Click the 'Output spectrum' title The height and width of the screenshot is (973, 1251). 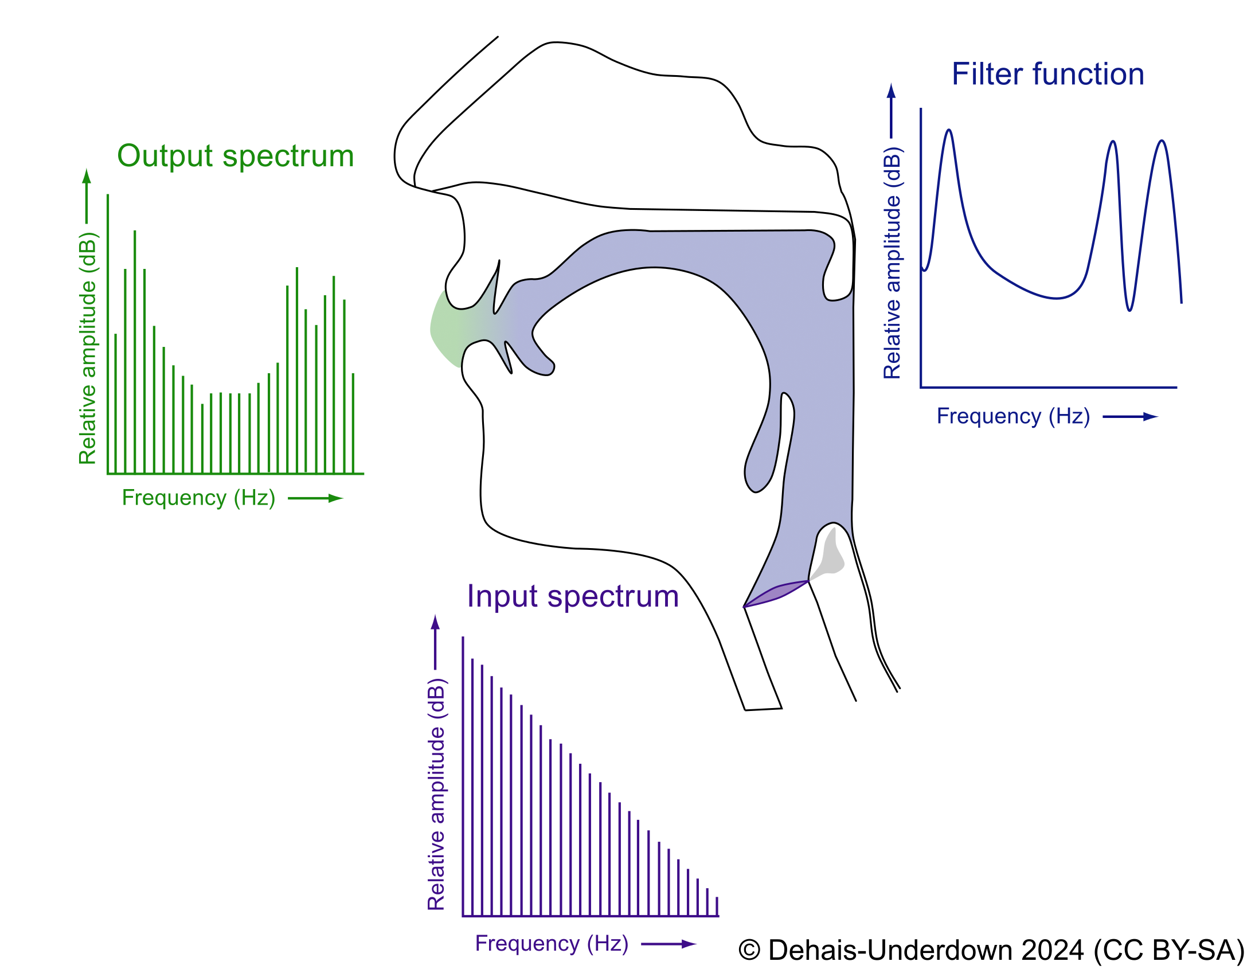(235, 156)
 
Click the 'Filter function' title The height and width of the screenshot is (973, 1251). (1047, 75)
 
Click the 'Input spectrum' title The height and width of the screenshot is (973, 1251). (573, 596)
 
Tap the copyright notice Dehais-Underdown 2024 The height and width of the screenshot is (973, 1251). (991, 950)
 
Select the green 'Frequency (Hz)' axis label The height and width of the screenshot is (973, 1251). (198, 498)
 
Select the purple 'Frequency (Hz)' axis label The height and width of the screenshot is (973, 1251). (552, 943)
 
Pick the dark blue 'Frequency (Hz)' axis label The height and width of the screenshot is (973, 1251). (1013, 416)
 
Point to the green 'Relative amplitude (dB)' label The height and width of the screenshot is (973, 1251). (88, 348)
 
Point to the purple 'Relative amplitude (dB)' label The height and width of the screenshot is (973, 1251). (436, 794)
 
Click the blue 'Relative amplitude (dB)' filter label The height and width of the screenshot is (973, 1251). (892, 263)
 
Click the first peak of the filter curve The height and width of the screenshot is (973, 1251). (949, 131)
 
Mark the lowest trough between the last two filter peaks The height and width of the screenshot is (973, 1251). (1129, 310)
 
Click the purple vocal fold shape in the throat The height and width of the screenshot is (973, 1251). (775, 594)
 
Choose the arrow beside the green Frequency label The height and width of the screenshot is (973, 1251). (315, 498)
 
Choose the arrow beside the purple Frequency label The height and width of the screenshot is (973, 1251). (668, 944)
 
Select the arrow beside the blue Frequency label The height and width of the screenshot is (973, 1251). (1130, 417)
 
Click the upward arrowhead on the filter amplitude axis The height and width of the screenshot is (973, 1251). (891, 91)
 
